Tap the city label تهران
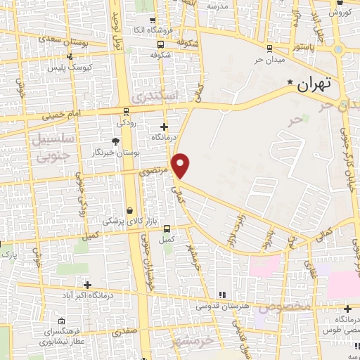click(313, 85)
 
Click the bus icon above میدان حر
click(269, 48)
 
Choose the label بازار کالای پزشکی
click(129, 221)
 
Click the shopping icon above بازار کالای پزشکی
click(129, 210)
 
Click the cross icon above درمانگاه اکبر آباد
click(87, 285)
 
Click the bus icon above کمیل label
click(167, 229)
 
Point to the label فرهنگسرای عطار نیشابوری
click(64, 335)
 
